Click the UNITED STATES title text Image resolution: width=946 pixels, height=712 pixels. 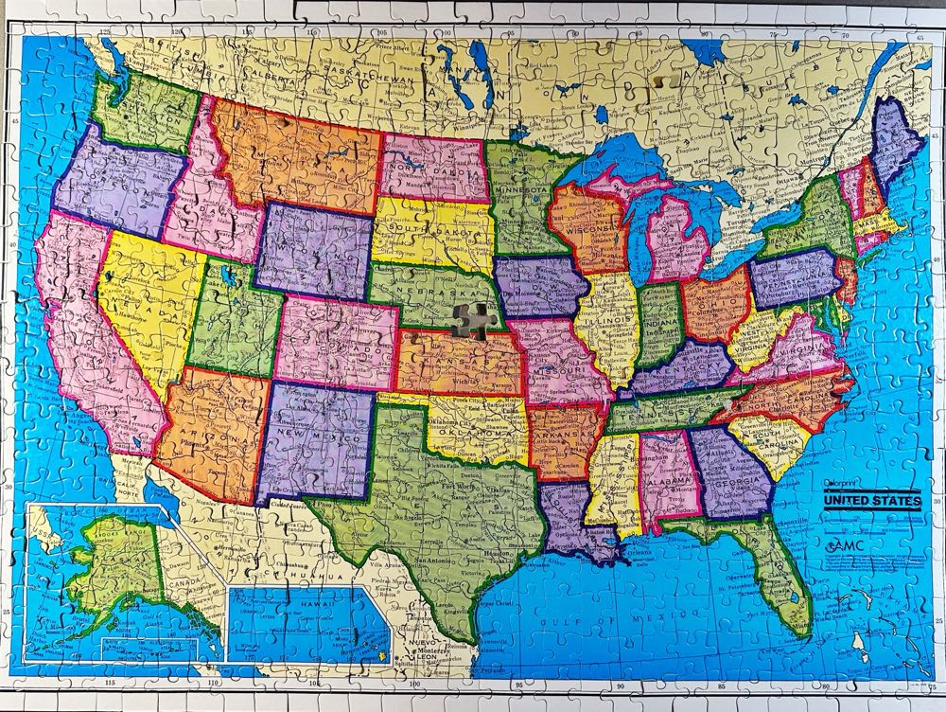tap(870, 501)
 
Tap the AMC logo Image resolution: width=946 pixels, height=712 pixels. tap(844, 548)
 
